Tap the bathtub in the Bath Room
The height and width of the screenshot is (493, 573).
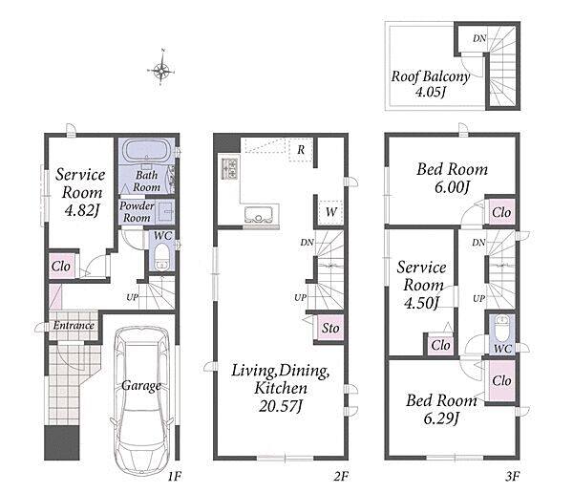[147, 151]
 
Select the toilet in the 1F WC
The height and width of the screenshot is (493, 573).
[161, 256]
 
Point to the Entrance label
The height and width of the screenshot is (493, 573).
[74, 325]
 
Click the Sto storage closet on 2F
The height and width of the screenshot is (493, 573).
[330, 328]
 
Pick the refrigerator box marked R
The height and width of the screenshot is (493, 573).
[301, 150]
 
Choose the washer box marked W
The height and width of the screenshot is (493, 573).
[330, 212]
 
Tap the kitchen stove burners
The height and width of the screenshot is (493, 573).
[229, 168]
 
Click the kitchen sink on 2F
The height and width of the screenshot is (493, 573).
[259, 215]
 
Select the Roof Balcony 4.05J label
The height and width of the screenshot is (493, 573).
[431, 84]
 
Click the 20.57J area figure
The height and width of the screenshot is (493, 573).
[280, 406]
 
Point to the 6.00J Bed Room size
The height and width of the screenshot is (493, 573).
[452, 187]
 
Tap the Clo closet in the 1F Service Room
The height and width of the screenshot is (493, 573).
[61, 267]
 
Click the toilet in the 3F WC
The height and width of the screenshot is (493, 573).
[501, 328]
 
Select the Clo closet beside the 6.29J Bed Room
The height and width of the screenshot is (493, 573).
[501, 380]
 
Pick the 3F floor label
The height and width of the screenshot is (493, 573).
[513, 476]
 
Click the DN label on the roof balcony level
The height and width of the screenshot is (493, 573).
[479, 38]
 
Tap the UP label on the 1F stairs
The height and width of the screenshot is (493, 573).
[133, 297]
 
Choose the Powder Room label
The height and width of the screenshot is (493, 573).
[137, 212]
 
